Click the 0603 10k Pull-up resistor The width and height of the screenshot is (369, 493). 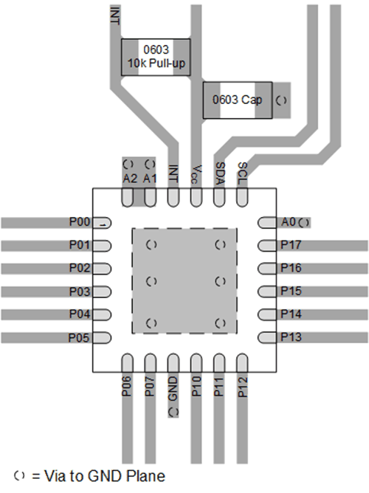(156, 57)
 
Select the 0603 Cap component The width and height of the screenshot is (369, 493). (237, 100)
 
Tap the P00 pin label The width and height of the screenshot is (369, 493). (79, 222)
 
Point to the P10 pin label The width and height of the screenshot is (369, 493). (196, 389)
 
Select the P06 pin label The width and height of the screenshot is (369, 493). (128, 389)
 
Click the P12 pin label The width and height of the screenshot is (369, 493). (241, 389)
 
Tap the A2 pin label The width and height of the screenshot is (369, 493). (129, 179)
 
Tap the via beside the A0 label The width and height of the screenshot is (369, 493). (304, 221)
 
